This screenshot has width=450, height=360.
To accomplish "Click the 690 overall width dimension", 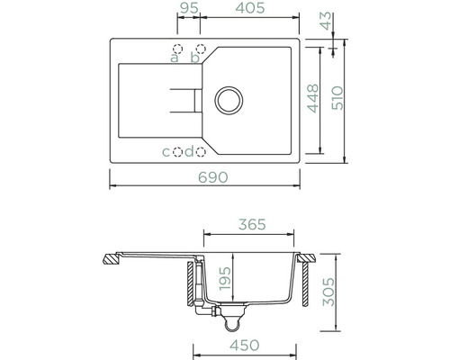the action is [213, 177].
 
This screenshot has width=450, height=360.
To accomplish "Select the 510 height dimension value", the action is [337, 98].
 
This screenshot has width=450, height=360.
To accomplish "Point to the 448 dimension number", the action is [313, 98].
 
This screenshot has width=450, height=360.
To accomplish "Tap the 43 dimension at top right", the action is [326, 21].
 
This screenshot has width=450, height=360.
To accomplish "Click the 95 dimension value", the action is [188, 8].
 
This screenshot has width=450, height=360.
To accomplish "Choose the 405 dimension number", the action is [250, 8].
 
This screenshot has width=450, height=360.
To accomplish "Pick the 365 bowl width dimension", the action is [252, 224].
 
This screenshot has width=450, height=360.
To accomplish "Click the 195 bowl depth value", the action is [225, 278].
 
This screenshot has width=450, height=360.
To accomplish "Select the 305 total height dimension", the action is [328, 292].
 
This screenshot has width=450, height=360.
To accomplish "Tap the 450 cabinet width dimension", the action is [245, 346].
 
